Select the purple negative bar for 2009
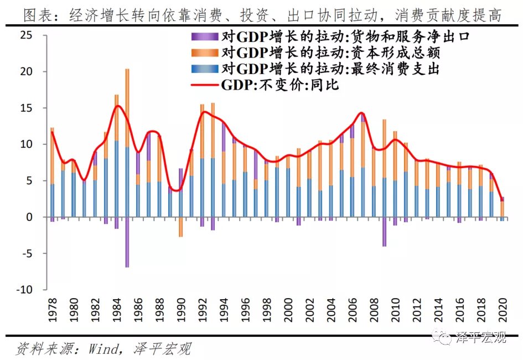click(384, 232)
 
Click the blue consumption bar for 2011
click(405, 194)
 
